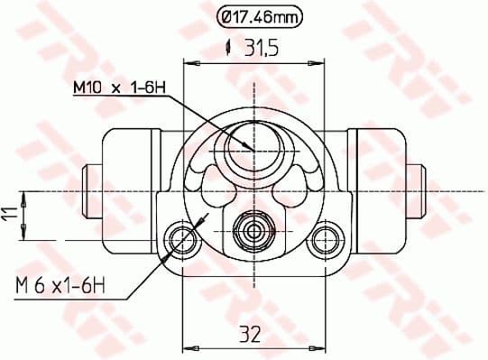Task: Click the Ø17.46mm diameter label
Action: click(x=258, y=15)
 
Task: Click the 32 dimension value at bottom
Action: click(x=250, y=335)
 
